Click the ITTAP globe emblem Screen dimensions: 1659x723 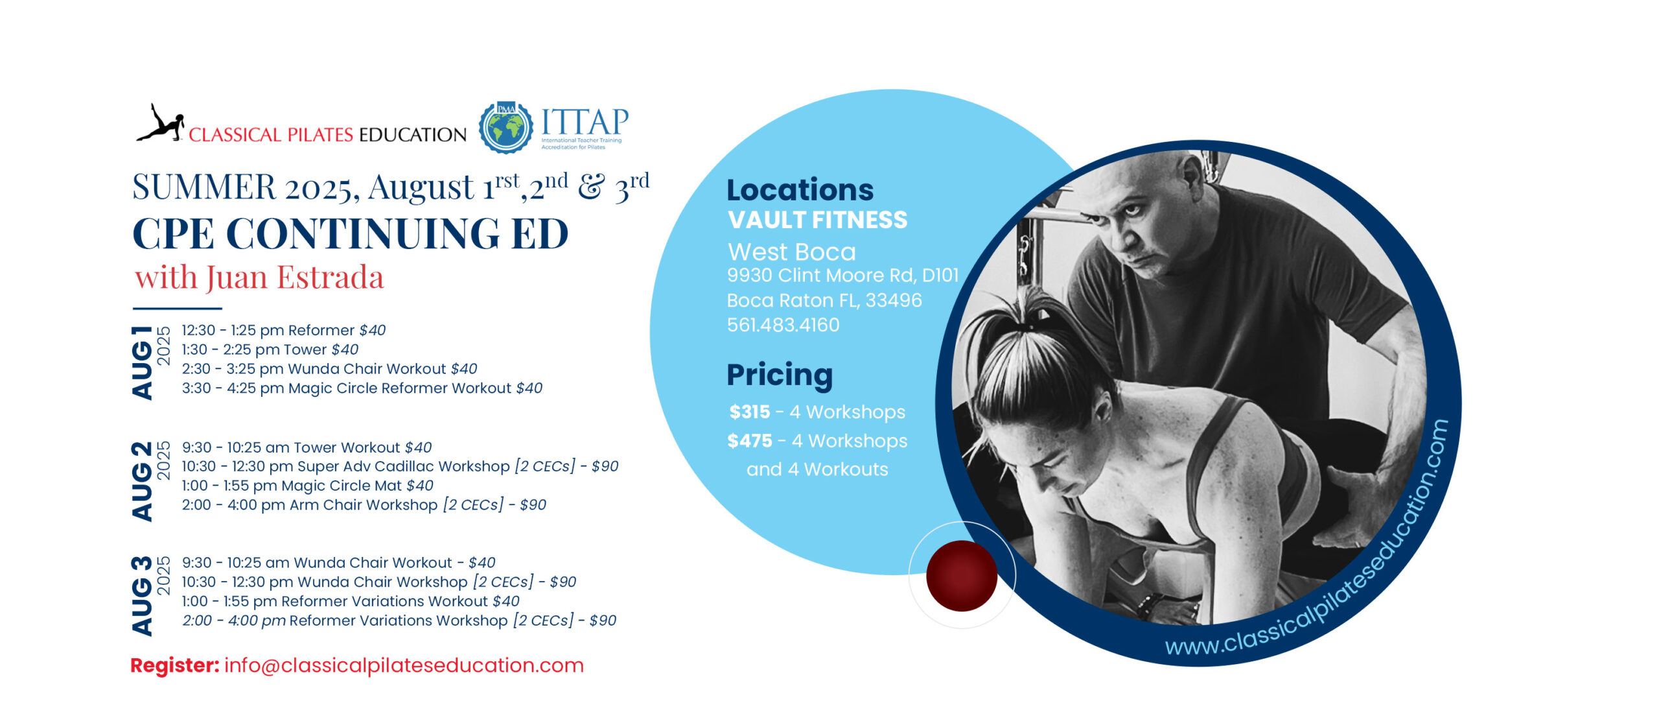[506, 127]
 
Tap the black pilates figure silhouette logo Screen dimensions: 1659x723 [160, 123]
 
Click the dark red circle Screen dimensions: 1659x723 [962, 576]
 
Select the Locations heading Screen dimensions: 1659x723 [800, 190]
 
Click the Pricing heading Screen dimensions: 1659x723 [780, 375]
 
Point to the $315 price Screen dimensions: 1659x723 [750, 412]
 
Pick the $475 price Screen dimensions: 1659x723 [750, 441]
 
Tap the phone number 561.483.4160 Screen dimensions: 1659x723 [783, 325]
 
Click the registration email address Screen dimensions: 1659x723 [404, 665]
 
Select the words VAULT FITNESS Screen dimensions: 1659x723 [818, 220]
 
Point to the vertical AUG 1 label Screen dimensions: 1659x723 [143, 362]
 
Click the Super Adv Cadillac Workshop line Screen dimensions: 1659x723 [400, 466]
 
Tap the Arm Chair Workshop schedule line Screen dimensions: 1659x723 [364, 505]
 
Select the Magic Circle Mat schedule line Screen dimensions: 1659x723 [307, 486]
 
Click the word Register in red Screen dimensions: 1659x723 [175, 666]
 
